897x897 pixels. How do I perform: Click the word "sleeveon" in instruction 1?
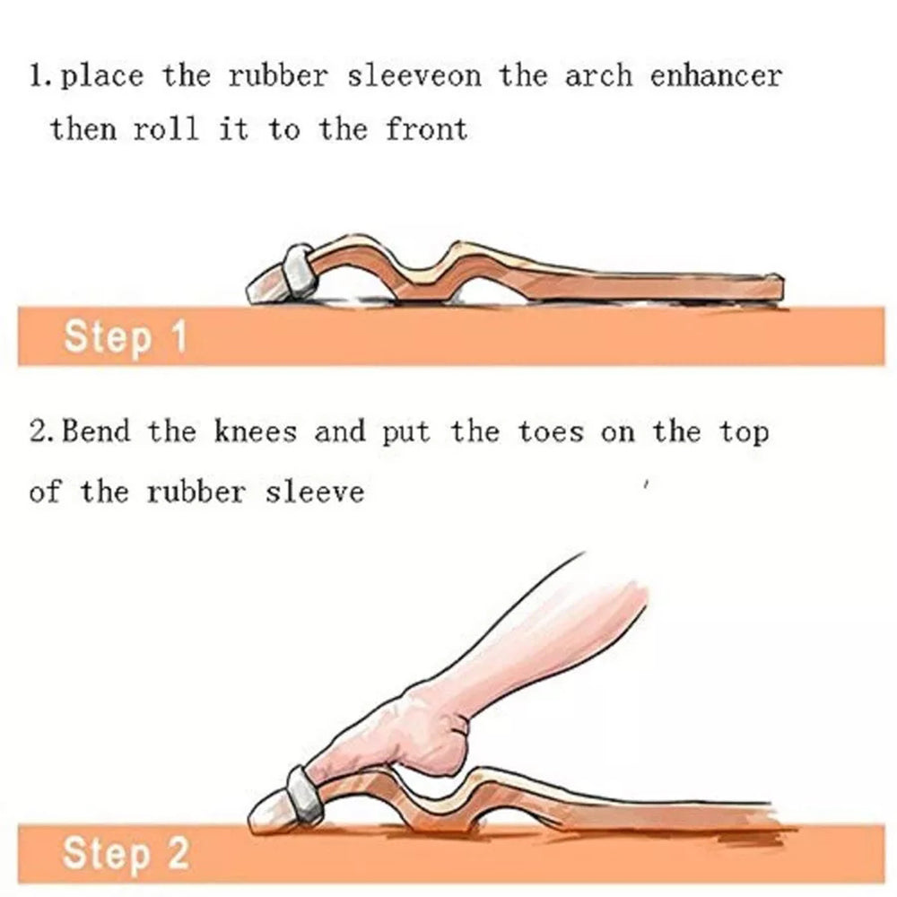pyautogui.click(x=414, y=76)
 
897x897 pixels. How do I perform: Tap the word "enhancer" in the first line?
pyautogui.click(x=716, y=76)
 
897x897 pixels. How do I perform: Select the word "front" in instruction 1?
pyautogui.click(x=426, y=128)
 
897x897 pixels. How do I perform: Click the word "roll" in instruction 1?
pyautogui.click(x=166, y=128)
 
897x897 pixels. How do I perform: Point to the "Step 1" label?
pyautogui.click(x=126, y=337)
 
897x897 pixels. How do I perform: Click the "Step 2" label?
pyautogui.click(x=126, y=853)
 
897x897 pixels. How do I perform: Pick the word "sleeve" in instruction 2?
pyautogui.click(x=314, y=492)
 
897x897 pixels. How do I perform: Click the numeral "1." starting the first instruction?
pyautogui.click(x=43, y=76)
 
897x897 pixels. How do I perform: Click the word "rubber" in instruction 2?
pyautogui.click(x=196, y=492)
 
